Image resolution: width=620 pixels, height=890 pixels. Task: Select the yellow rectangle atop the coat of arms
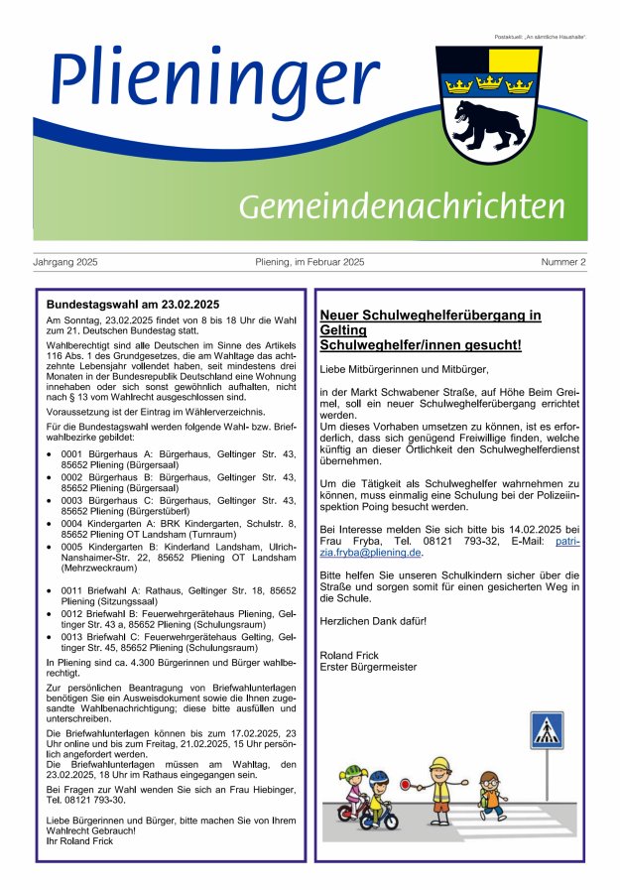click(514, 60)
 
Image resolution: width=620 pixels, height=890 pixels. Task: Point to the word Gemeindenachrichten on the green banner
click(402, 206)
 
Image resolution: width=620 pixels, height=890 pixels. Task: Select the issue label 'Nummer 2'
click(562, 262)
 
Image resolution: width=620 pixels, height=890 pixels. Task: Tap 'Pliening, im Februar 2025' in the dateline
click(310, 262)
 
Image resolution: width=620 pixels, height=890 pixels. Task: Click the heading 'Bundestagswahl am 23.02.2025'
click(133, 304)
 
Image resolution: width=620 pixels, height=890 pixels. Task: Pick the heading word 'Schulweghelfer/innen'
click(386, 345)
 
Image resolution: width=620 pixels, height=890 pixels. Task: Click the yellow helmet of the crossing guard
click(440, 763)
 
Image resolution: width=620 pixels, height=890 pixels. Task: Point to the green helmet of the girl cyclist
click(355, 771)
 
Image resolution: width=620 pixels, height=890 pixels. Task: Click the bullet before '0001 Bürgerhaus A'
click(51, 453)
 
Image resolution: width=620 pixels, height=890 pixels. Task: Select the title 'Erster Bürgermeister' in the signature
click(368, 666)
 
